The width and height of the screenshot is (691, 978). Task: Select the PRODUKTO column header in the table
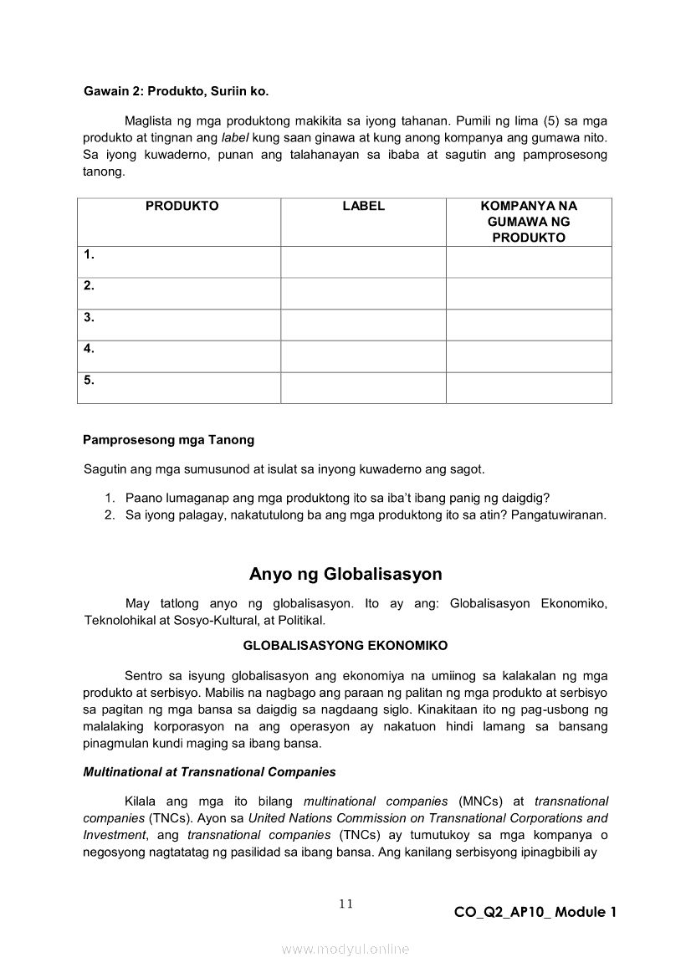182,206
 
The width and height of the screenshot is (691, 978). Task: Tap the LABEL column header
363,206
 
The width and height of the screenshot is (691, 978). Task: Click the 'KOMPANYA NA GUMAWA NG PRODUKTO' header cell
529,222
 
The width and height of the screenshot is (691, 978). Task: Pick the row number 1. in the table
89,254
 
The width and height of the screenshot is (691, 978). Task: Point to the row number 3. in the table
89,317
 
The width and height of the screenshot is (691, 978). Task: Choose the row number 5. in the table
89,380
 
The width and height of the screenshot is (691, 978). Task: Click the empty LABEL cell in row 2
363,294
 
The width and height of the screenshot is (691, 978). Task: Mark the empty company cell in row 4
529,356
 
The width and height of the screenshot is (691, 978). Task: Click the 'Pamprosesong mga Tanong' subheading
169,439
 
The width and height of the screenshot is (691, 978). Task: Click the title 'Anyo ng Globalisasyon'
345,574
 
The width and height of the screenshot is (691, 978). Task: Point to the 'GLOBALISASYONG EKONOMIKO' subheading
345,645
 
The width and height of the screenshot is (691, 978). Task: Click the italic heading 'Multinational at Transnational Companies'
209,771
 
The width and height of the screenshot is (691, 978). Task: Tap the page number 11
346,903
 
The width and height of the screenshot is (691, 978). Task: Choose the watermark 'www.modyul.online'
345,949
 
